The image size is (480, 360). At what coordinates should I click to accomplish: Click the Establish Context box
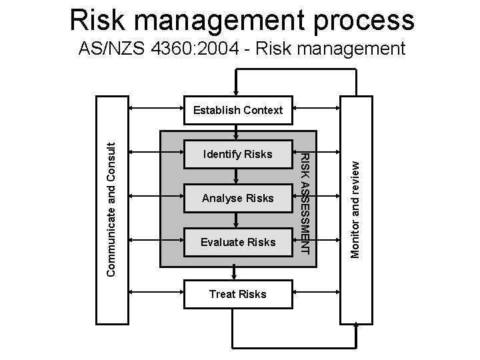238,110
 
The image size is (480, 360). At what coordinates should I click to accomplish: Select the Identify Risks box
238,154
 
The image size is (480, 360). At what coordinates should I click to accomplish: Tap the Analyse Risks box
238,198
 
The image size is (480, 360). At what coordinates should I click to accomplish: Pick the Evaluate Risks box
238,242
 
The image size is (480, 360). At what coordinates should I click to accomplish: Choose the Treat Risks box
238,294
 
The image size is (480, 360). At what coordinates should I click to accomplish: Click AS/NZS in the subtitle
105,49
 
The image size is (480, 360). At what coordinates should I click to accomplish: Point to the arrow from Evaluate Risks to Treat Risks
235,269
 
